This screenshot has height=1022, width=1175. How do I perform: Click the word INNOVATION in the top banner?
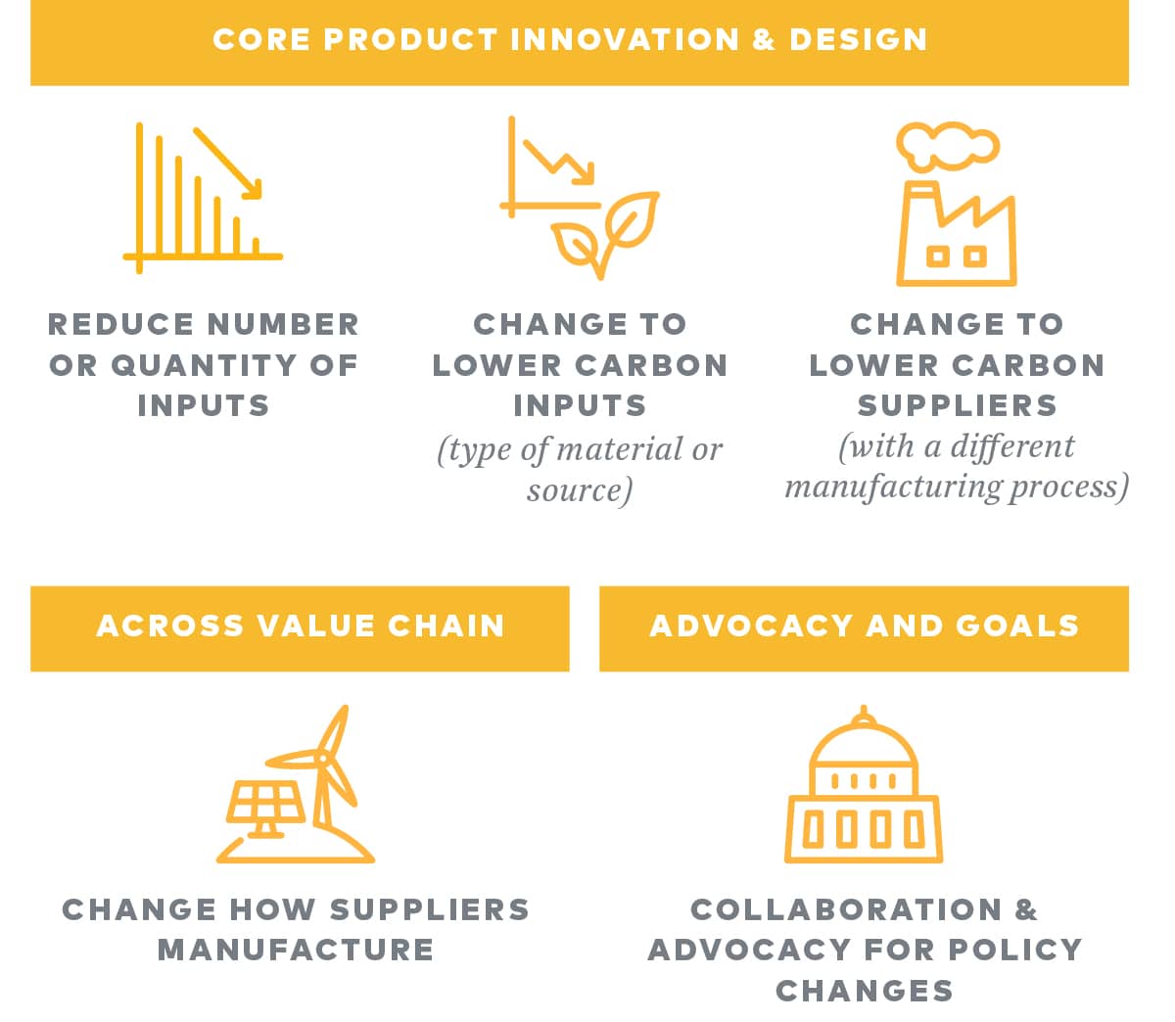click(625, 39)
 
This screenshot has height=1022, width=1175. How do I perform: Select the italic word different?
click(1012, 446)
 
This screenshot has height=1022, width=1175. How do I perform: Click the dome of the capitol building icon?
click(864, 750)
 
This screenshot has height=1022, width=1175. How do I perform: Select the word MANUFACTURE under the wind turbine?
click(296, 950)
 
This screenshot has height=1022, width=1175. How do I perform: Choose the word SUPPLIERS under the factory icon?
click(957, 405)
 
